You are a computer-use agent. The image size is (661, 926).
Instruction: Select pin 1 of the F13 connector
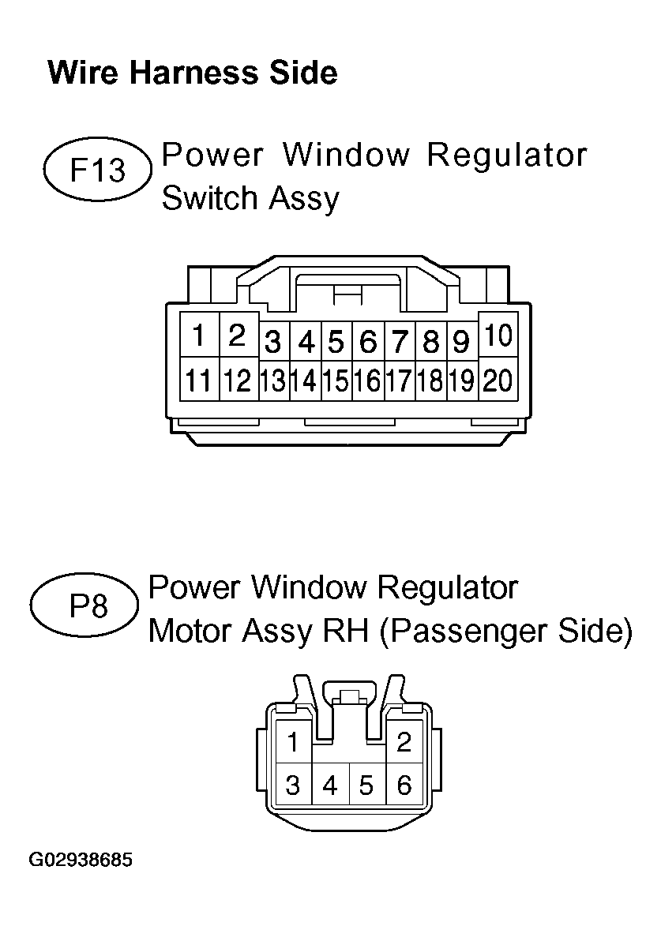[199, 335]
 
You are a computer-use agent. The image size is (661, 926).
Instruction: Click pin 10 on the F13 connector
[498, 335]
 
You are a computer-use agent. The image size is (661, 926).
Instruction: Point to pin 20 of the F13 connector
[498, 379]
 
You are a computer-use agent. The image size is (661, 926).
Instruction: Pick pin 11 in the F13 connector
[199, 379]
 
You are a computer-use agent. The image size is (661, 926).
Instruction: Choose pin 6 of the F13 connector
[368, 341]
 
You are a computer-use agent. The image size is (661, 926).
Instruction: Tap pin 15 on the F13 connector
[336, 379]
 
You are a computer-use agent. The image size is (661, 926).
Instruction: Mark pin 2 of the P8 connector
[404, 742]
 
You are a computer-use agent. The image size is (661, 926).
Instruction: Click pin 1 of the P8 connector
[294, 742]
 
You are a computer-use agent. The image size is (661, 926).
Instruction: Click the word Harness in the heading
[193, 73]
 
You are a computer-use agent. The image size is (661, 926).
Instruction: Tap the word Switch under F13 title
[210, 197]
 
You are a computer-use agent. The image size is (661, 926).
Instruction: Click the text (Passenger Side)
[505, 632]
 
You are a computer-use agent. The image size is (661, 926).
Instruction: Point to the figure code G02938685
[81, 859]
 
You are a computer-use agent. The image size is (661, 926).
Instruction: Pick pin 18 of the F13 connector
[430, 379]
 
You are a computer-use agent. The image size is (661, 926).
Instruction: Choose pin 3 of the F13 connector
[273, 341]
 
